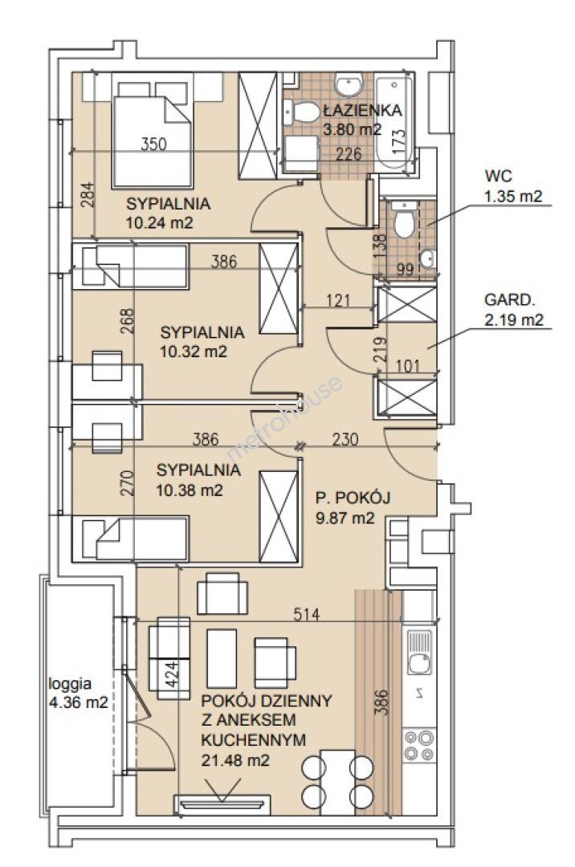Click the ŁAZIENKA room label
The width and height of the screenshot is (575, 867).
(362, 110)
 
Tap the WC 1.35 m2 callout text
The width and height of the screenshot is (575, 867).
(512, 185)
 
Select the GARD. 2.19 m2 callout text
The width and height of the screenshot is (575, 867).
(514, 310)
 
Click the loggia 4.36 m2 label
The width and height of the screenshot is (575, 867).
(78, 694)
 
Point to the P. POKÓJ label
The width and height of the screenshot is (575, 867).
(353, 498)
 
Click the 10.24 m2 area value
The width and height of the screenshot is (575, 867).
(160, 223)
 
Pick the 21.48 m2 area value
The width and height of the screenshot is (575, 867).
(235, 760)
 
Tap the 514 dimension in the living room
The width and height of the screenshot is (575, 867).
(306, 613)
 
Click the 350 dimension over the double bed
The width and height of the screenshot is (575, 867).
(153, 144)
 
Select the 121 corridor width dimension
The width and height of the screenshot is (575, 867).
(338, 300)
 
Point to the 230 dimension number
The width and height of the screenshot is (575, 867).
(345, 440)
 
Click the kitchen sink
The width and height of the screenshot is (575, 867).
(420, 652)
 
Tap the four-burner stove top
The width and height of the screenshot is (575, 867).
(419, 746)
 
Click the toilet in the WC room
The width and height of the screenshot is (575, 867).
(404, 219)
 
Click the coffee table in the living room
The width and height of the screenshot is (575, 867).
(222, 658)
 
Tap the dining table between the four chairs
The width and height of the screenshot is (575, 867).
(338, 782)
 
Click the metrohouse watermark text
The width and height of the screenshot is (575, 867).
(285, 418)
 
